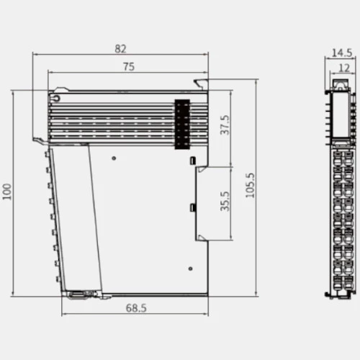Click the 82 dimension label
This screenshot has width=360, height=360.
pos(120,49)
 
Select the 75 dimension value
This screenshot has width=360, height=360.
pos(129,67)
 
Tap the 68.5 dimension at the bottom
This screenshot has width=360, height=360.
pos(136,308)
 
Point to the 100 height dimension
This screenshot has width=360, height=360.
pos(7,192)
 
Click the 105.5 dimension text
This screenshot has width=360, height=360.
pos(250,185)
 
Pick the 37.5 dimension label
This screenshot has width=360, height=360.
pos(225,125)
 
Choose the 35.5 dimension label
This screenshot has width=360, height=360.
pos(225,201)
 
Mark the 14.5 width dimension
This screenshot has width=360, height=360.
pos(342,53)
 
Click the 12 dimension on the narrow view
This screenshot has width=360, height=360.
pos(344,68)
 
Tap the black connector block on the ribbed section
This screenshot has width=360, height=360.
pos(182,124)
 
